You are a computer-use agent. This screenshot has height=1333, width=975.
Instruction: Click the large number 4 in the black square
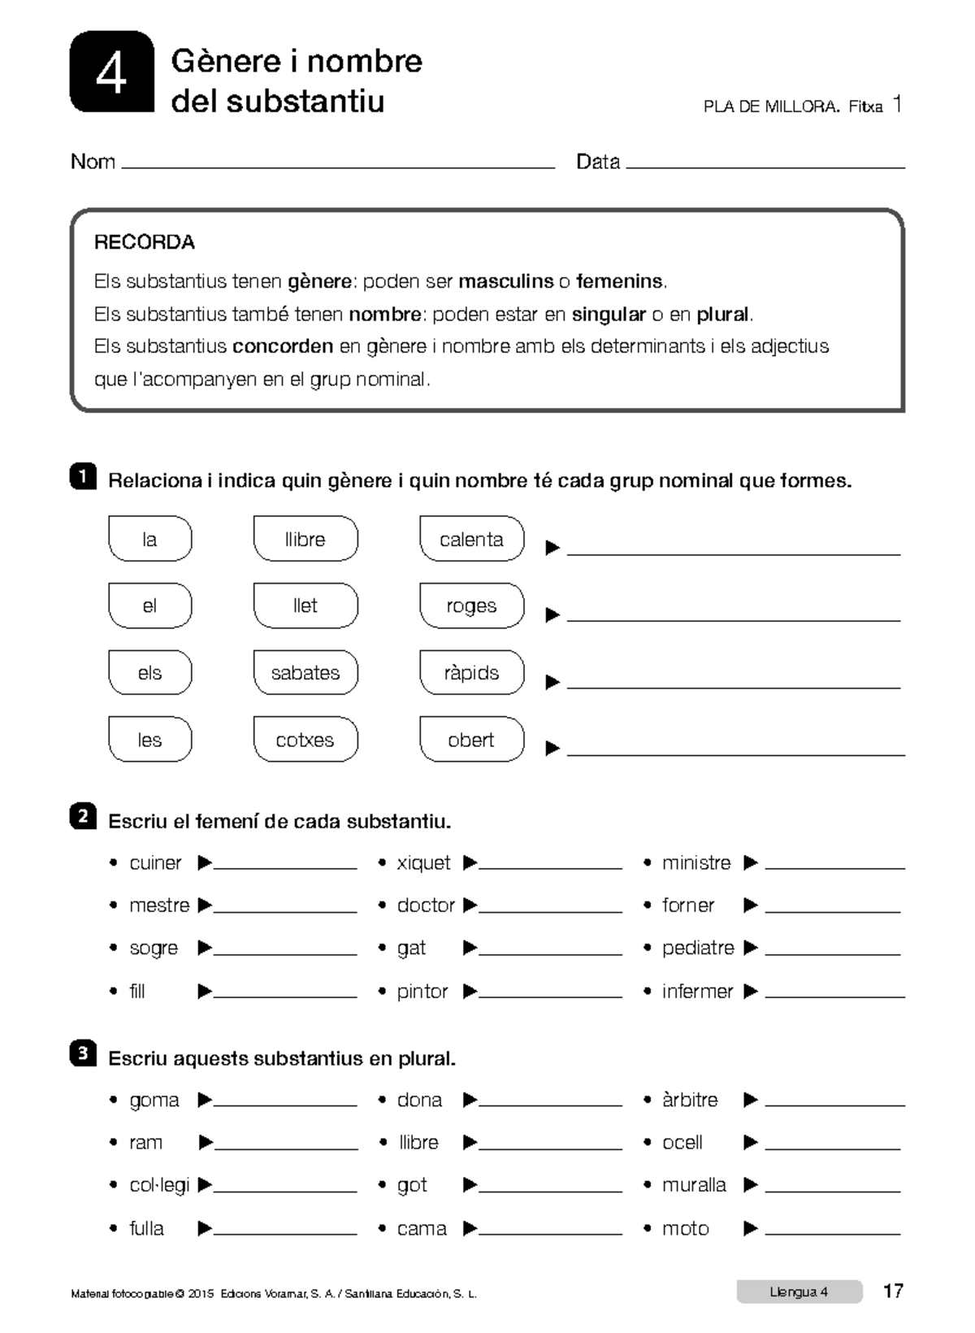[111, 74]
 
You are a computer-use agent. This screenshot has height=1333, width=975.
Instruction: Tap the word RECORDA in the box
[144, 242]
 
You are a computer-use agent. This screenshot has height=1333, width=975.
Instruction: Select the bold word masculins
[505, 281]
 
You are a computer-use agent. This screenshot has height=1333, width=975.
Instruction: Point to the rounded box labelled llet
[305, 606]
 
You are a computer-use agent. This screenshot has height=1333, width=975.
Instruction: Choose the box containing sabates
[305, 673]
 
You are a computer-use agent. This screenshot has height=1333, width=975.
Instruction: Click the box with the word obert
[471, 740]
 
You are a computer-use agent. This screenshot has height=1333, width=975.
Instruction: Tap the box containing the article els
[149, 673]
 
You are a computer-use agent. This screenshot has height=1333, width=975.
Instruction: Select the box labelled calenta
[471, 539]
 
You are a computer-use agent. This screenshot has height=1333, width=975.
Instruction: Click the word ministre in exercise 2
[696, 863]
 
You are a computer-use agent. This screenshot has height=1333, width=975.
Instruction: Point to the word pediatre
[698, 948]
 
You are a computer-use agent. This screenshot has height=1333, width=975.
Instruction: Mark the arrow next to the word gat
[470, 949]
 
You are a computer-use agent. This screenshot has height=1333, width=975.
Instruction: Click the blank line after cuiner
[284, 867]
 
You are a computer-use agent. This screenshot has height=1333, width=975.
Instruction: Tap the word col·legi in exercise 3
[159, 1185]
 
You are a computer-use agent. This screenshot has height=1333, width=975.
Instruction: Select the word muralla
[694, 1185]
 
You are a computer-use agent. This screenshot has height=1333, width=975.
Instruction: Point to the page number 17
[893, 1292]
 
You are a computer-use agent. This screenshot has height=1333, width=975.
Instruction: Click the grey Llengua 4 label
[799, 1292]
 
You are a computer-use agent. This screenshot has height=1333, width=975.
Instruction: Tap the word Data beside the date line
[598, 162]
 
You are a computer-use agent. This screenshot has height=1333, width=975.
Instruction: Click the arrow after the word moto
[751, 1229]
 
